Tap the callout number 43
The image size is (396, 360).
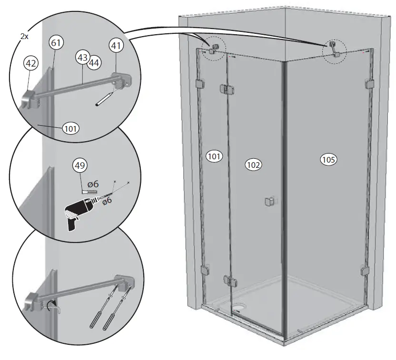82,58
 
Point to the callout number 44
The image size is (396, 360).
93,62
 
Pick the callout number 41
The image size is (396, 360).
115,46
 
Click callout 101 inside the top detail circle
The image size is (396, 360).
69,128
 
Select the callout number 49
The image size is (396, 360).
80,166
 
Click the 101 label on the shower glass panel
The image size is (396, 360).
214,156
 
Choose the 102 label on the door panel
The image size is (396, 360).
253,165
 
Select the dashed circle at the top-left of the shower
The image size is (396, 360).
213,49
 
